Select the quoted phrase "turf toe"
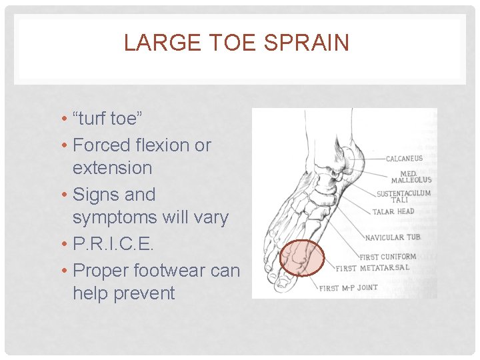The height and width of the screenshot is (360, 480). click(108, 119)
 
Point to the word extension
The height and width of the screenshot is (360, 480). click(112, 167)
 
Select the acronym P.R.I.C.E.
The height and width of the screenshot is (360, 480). click(113, 245)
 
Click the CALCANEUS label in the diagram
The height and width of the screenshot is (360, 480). click(405, 159)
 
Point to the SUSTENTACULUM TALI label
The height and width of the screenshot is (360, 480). click(404, 196)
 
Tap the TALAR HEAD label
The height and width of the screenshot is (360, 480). click(393, 212)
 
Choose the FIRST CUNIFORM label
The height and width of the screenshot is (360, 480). click(388, 257)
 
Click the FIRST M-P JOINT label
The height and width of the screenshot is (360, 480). click(349, 288)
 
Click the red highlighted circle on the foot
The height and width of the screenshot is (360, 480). click(301, 258)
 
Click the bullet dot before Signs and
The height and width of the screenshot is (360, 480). click(63, 195)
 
